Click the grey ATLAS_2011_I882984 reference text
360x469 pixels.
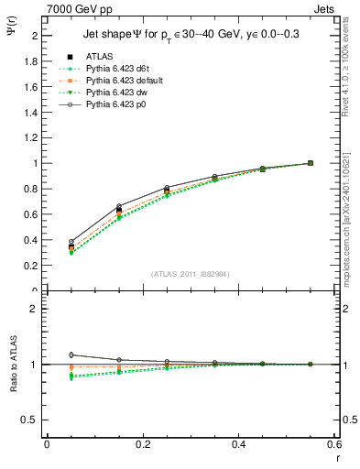point(190,274)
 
